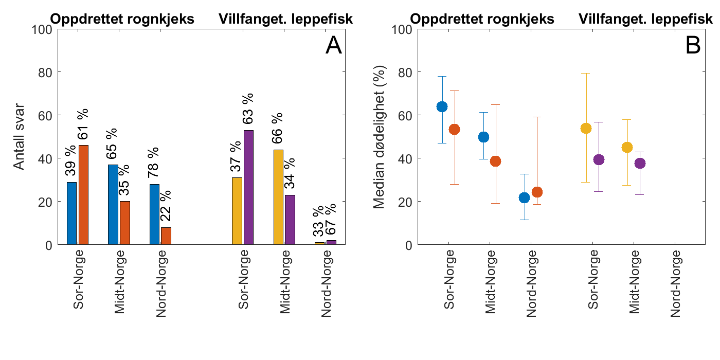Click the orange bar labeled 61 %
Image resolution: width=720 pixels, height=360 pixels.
(83, 195)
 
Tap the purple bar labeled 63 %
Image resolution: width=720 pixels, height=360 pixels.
(248, 187)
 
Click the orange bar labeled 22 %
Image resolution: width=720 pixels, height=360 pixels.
(166, 236)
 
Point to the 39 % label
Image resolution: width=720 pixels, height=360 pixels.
(71, 161)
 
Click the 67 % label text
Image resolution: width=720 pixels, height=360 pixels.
(331, 219)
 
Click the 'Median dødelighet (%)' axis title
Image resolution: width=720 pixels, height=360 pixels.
(380, 137)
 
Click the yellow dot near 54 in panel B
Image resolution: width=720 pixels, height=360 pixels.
(586, 128)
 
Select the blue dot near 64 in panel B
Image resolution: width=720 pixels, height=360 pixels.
(442, 106)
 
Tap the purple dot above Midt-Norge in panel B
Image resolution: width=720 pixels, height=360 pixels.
(639, 164)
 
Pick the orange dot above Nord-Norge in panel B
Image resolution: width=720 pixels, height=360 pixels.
(536, 192)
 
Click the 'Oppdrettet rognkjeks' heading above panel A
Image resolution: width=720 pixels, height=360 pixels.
(122, 20)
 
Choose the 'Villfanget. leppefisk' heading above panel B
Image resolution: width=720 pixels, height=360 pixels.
(646, 20)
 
